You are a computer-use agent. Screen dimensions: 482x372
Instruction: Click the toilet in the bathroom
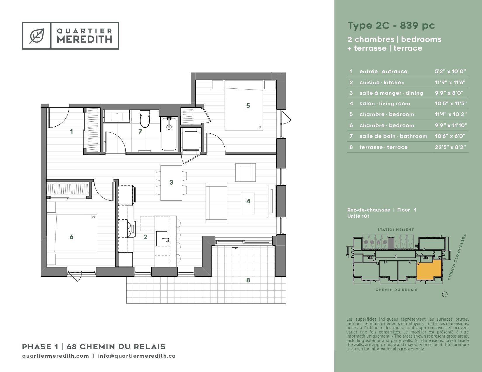pos(145,119)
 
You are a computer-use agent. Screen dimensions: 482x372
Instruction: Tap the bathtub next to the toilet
pos(169,134)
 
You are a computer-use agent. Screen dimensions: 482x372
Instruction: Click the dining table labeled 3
pos(171,183)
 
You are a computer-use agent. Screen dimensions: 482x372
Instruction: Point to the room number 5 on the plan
pos(248,106)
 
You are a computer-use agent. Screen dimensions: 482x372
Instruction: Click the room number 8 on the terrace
pos(248,280)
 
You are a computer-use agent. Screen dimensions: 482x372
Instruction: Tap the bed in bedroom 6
pos(72,233)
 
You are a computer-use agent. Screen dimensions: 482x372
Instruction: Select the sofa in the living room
pos(216,203)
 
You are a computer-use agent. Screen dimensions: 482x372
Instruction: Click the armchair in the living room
pos(246,172)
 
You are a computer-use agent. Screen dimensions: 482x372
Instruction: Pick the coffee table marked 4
pos(247,203)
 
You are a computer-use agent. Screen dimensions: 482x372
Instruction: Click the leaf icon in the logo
pos(37,36)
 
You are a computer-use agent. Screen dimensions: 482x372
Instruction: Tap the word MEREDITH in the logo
pos(84,39)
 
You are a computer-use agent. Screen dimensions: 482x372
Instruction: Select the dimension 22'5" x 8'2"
pos(450,147)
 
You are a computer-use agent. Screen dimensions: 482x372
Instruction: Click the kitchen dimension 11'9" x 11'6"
pos(450,82)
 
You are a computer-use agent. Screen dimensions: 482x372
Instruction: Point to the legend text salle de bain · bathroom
pos(393,136)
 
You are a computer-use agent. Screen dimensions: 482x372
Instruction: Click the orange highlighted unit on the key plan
pos(429,270)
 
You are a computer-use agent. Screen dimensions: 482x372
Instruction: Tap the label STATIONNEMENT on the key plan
pos(396,230)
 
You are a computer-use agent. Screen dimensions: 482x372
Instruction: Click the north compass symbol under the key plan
pos(445,294)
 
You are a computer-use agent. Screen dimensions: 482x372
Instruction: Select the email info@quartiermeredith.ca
pos(137,356)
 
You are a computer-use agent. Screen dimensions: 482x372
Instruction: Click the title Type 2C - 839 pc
pos(391,26)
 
